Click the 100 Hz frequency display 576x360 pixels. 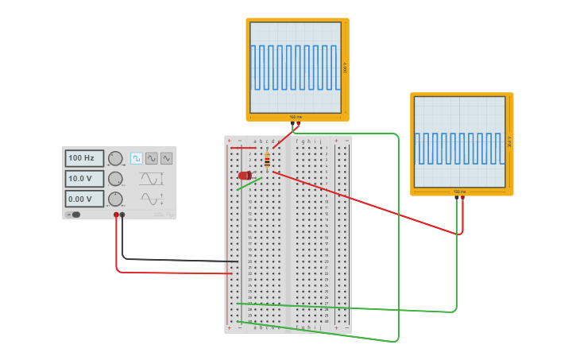pyautogui.click(x=83, y=158)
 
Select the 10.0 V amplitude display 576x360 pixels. pyautogui.click(x=83, y=179)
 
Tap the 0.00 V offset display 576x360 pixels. pyautogui.click(x=83, y=199)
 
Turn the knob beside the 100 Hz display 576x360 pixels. pyautogui.click(x=115, y=158)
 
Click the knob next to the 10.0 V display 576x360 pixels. pyautogui.click(x=115, y=179)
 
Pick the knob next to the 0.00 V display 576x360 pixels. pyautogui.click(x=115, y=199)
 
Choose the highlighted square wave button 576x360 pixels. pyautogui.click(x=137, y=158)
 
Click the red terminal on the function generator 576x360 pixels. pyautogui.click(x=116, y=215)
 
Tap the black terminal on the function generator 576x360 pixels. pyautogui.click(x=122, y=215)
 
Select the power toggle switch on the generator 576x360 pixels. pyautogui.click(x=75, y=215)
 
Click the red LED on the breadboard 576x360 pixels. pyautogui.click(x=245, y=175)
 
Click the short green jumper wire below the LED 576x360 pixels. pyautogui.click(x=249, y=184)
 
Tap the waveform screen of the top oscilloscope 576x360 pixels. pyautogui.click(x=296, y=68)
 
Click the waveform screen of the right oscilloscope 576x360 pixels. pyautogui.click(x=459, y=142)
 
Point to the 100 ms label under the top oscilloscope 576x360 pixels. pyautogui.click(x=296, y=117)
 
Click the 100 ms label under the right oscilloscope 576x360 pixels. pyautogui.click(x=459, y=192)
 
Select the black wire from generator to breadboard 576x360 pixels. pyautogui.click(x=175, y=260)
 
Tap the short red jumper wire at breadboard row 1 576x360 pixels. pyautogui.click(x=243, y=147)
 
